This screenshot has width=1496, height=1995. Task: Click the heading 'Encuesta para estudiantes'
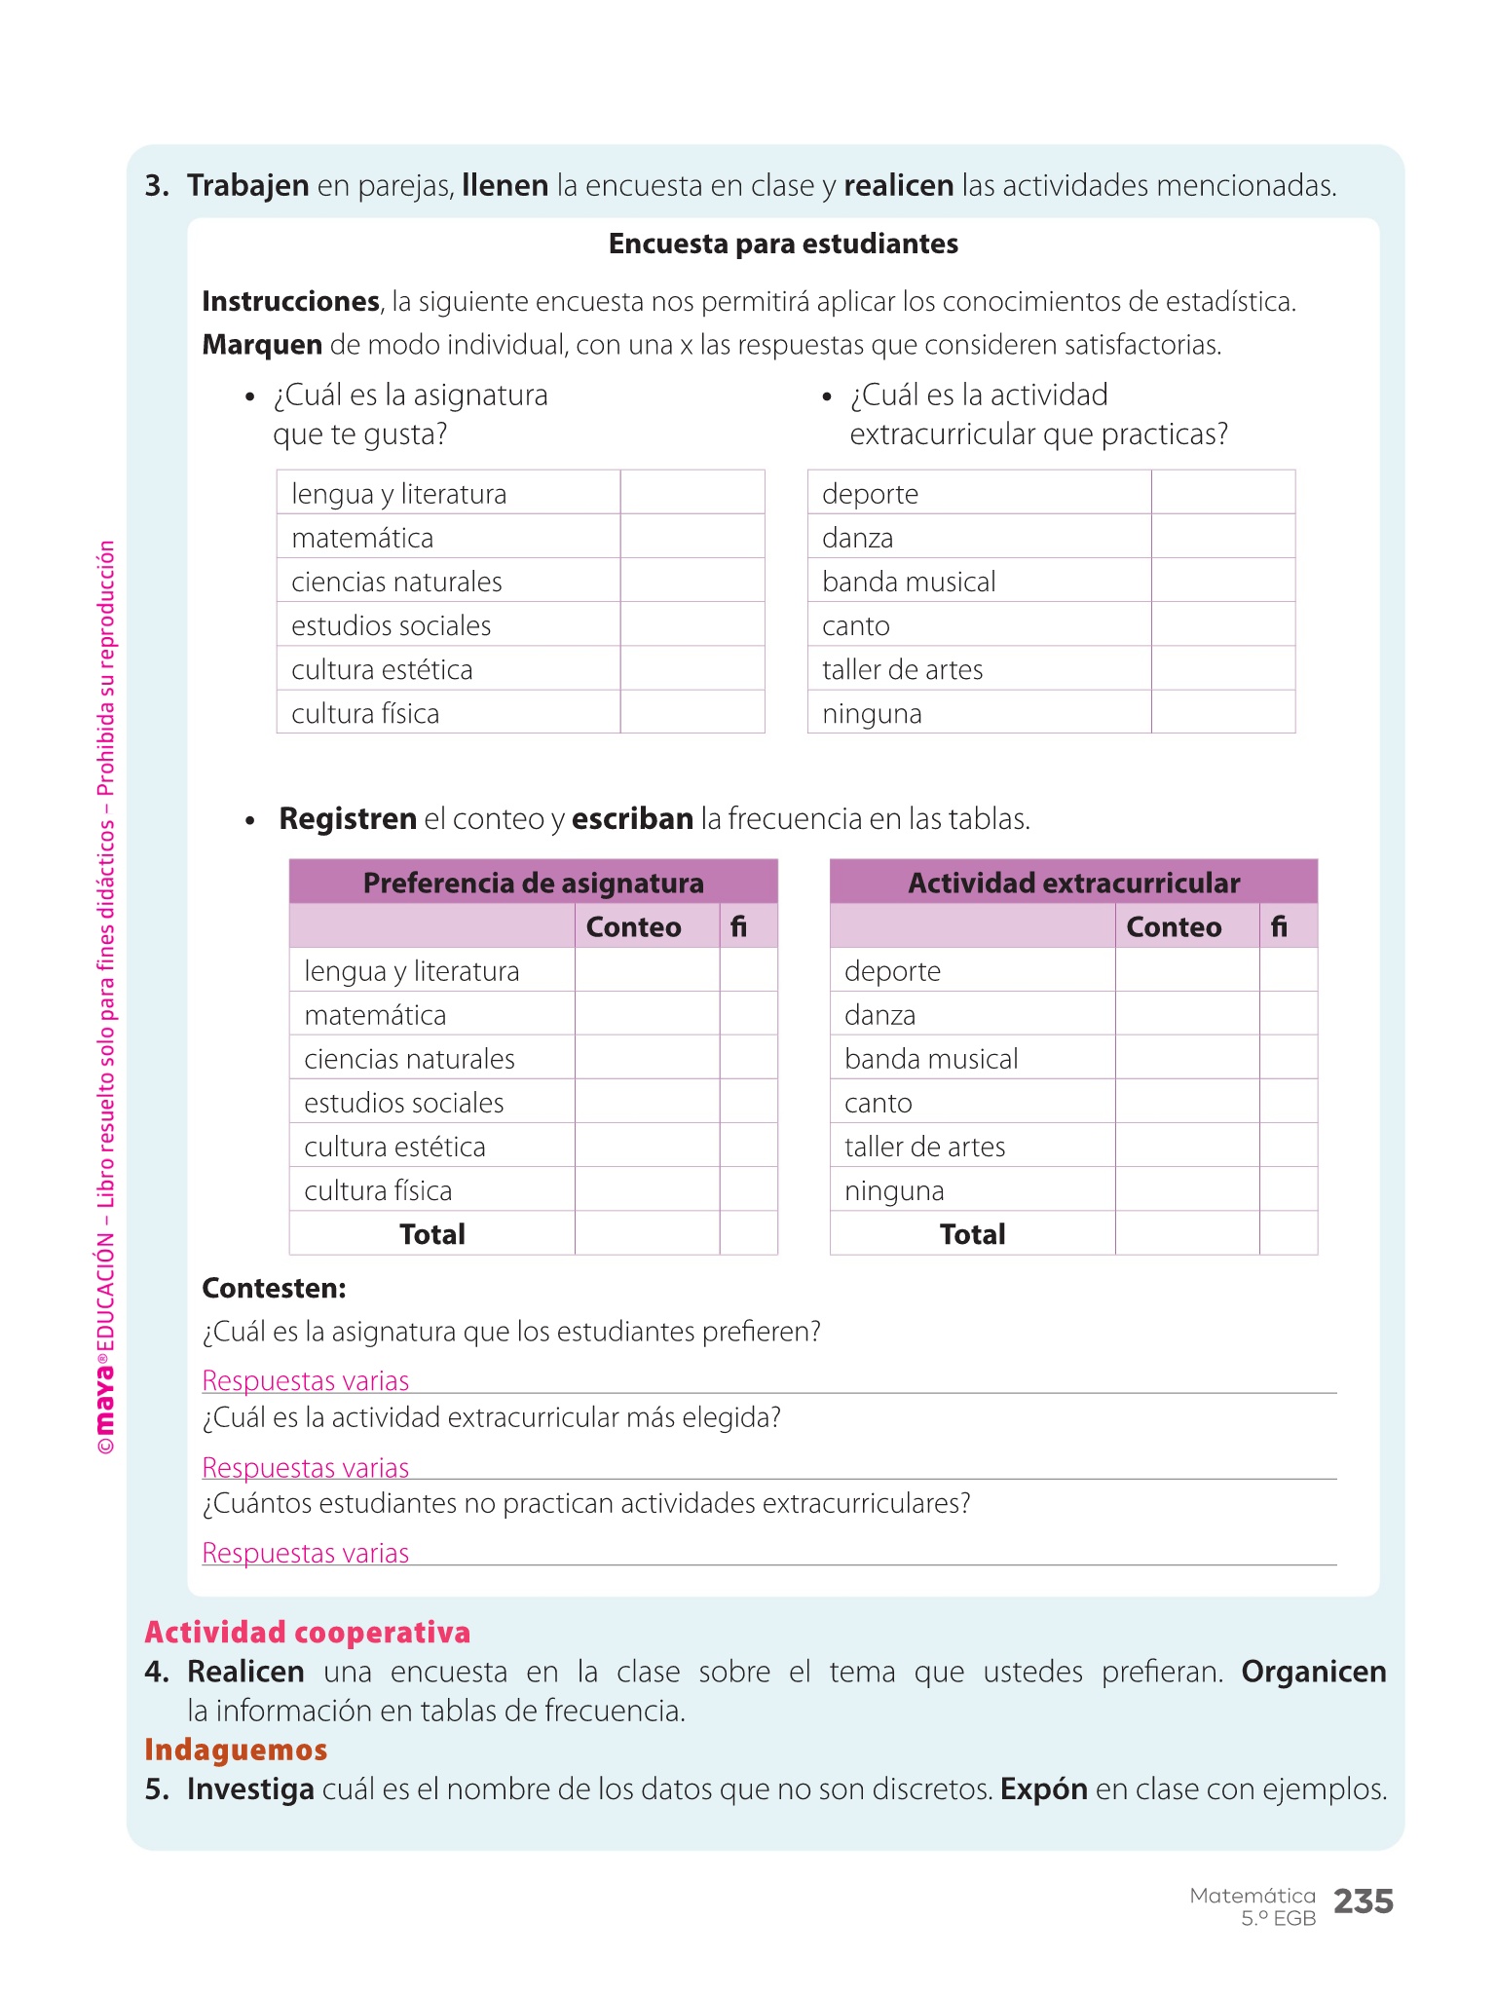783,244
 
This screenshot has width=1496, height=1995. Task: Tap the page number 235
1363,1901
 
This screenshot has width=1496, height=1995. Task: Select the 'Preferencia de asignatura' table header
533,883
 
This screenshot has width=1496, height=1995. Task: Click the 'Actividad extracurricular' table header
1073,883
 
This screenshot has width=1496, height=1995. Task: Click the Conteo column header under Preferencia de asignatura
633,926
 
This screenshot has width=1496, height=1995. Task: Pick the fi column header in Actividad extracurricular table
1279,926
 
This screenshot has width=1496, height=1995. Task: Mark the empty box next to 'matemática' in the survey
692,537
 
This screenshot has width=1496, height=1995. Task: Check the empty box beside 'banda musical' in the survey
1222,581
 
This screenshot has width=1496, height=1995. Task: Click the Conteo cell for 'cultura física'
647,1189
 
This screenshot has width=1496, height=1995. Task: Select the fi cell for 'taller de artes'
1288,1146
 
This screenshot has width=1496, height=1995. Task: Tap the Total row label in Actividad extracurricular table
972,1234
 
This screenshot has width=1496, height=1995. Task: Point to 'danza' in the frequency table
879,1015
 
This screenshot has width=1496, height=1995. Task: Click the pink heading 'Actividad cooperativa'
307,1633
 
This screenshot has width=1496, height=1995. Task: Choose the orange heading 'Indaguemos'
236,1750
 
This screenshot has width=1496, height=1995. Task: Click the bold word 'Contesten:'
274,1288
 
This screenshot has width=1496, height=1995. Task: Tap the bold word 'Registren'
348,818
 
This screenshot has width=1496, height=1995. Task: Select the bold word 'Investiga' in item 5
250,1789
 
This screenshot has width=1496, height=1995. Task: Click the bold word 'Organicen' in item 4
1313,1672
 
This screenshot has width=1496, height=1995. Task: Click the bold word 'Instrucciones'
290,301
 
